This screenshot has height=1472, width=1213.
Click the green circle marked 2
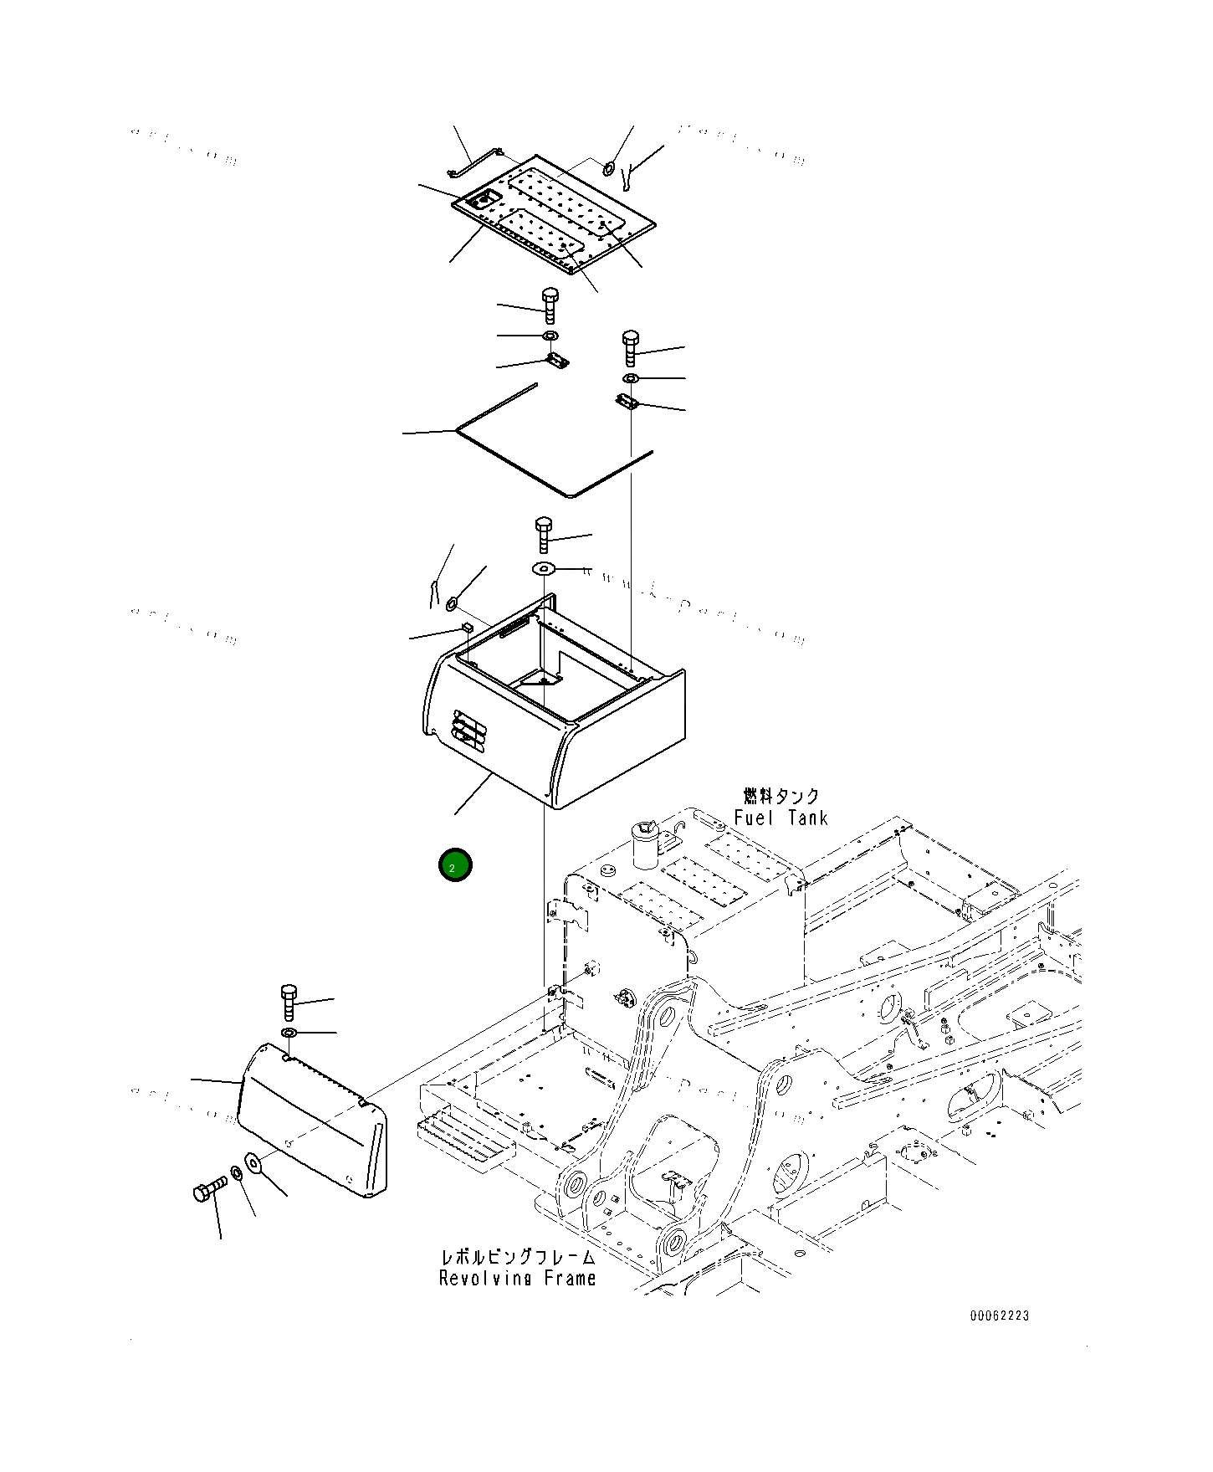(x=455, y=865)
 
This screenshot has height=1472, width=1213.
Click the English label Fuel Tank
(x=781, y=818)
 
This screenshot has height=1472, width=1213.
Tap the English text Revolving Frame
(x=517, y=1278)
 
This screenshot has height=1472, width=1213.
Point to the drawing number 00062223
(x=1000, y=1316)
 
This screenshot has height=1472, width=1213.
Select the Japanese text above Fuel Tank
(x=781, y=795)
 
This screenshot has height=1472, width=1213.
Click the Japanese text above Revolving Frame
(x=518, y=1257)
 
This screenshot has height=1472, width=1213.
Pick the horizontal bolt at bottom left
(x=209, y=1188)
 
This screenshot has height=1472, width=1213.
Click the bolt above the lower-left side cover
(x=289, y=1001)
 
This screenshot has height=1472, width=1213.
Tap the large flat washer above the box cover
(x=544, y=569)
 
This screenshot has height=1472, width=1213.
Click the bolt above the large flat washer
(x=544, y=534)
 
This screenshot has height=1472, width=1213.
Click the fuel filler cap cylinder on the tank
(x=645, y=844)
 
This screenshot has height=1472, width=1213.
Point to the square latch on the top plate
(x=484, y=200)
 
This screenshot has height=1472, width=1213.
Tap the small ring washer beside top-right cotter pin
(x=609, y=169)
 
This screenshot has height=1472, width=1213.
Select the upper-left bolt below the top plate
(x=550, y=305)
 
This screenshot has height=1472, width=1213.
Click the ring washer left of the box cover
(x=453, y=602)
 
